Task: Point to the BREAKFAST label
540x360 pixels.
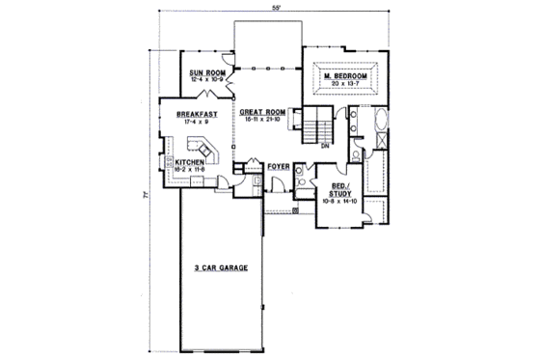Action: pyautogui.click(x=196, y=114)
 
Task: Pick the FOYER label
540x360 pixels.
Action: pyautogui.click(x=280, y=167)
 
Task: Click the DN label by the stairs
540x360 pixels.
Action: pyautogui.click(x=324, y=147)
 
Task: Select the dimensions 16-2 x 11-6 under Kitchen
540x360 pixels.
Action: pyautogui.click(x=190, y=169)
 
